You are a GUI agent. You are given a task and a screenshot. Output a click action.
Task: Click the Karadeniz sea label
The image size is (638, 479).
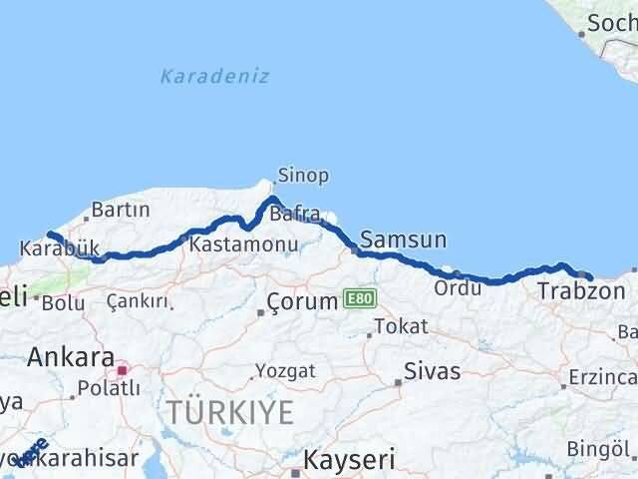(x=214, y=76)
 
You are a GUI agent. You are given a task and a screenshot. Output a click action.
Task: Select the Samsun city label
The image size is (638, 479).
(x=403, y=239)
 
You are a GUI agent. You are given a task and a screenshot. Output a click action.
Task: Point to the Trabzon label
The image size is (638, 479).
(x=581, y=291)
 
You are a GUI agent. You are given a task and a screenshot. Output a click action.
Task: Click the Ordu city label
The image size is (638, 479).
(x=458, y=287)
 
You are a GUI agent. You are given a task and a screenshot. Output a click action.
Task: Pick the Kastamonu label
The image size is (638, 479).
(x=244, y=244)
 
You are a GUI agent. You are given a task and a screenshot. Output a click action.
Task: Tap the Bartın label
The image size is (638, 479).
(x=120, y=210)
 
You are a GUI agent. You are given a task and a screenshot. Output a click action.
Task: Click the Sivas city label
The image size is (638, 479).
(x=432, y=371)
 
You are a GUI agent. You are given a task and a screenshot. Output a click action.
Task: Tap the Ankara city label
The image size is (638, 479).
(x=69, y=356)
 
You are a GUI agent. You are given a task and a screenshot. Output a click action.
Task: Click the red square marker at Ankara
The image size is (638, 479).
(x=123, y=369)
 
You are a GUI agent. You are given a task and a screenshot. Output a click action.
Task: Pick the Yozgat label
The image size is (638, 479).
(x=285, y=370)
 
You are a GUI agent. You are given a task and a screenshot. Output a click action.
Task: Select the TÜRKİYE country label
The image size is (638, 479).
(x=229, y=411)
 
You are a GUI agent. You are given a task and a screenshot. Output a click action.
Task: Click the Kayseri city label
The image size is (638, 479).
(x=348, y=460)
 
